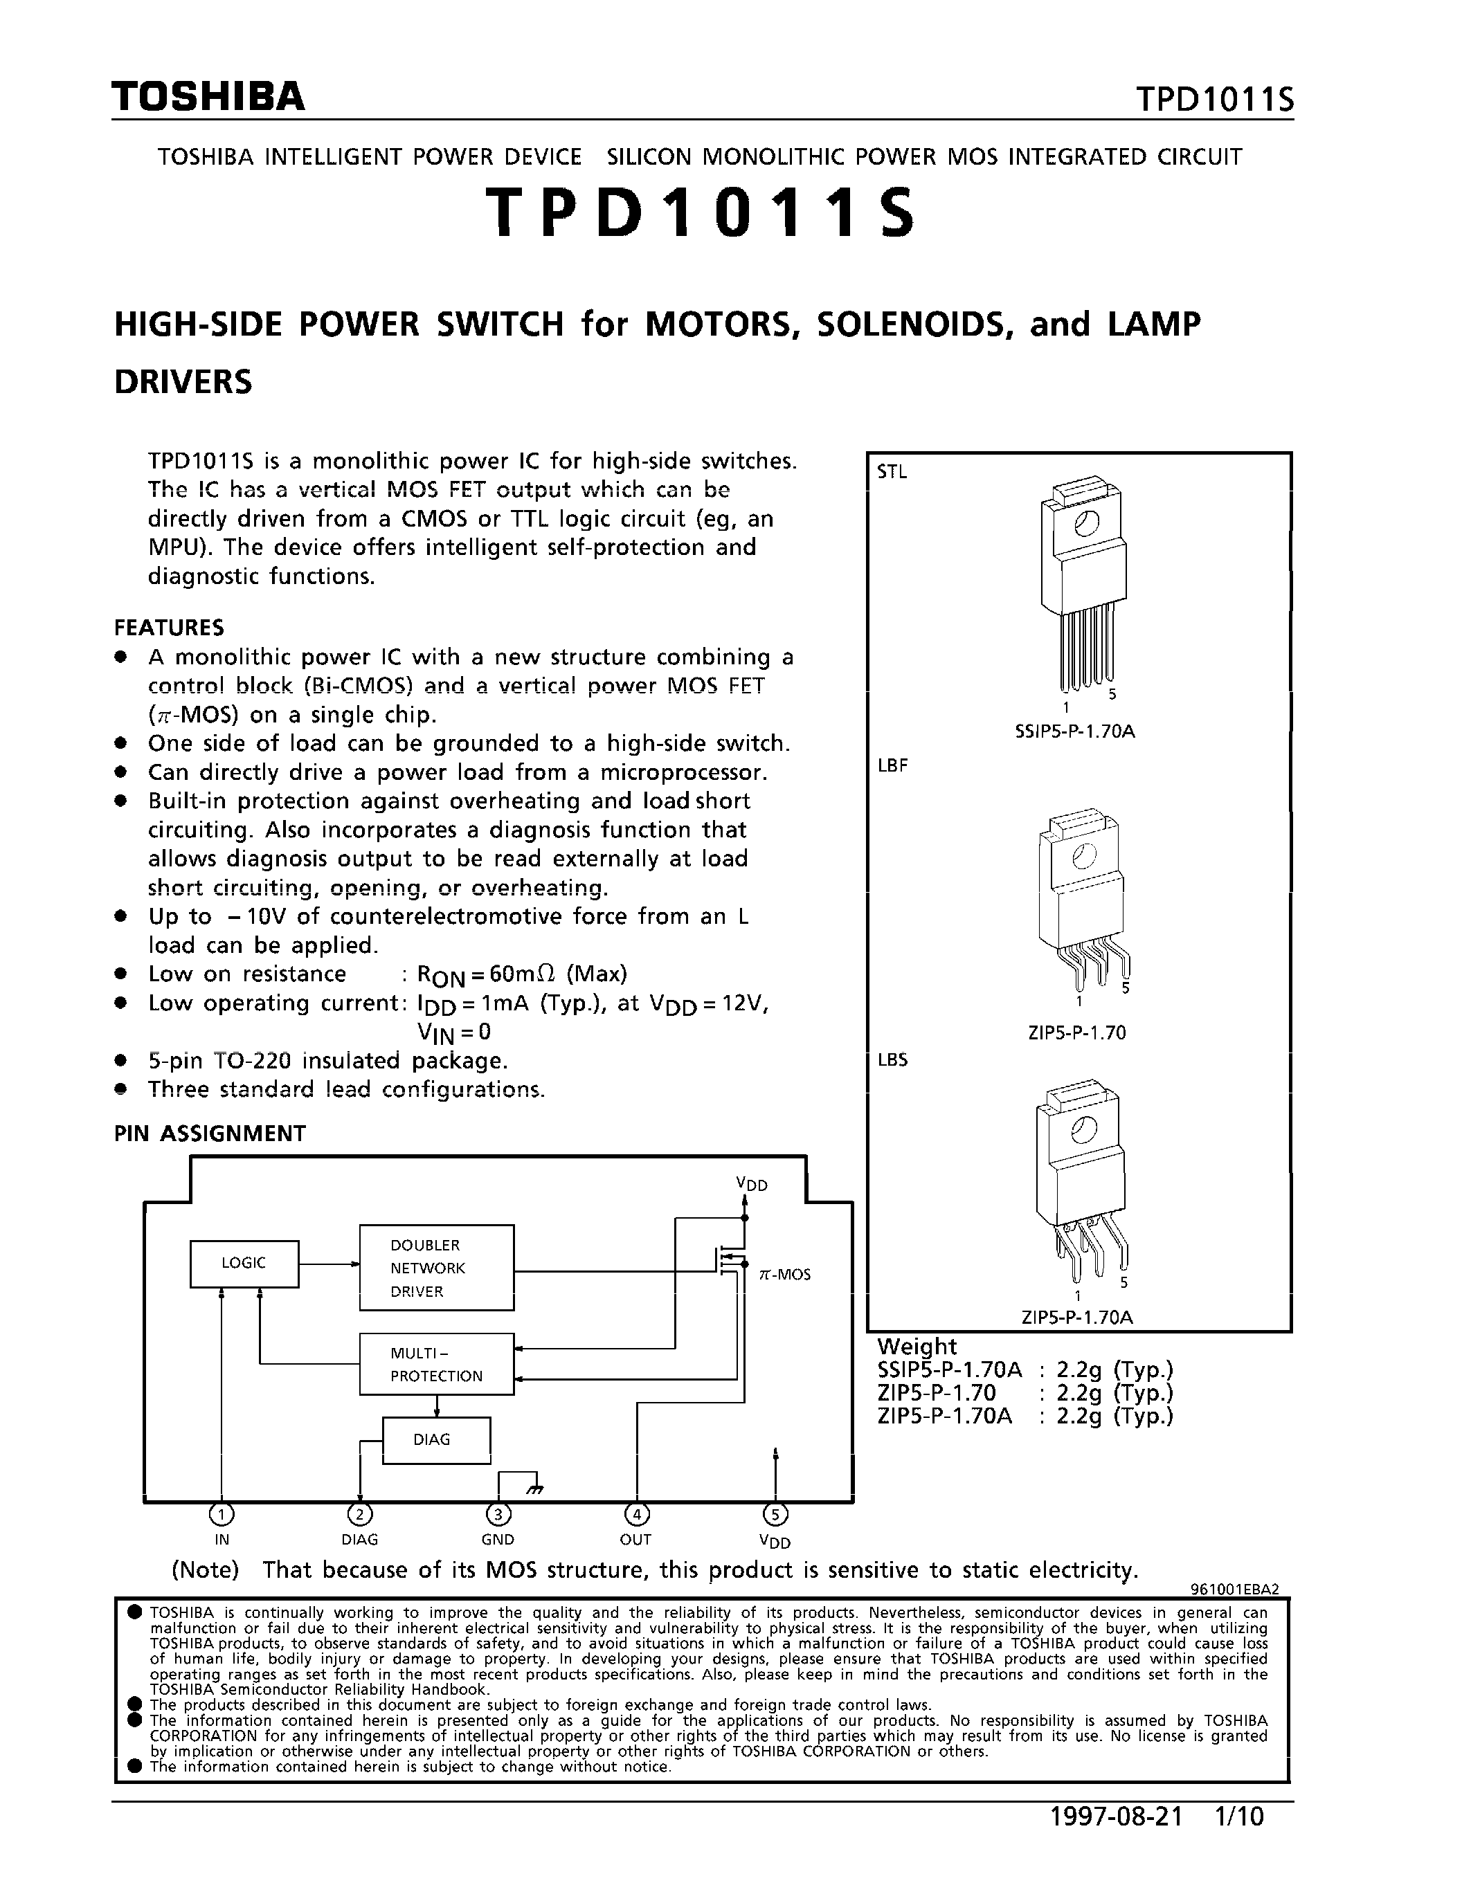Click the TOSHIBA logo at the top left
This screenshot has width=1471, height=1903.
point(208,97)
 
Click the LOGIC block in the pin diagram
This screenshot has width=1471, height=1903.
point(244,1263)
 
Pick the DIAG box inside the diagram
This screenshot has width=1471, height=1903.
point(435,1439)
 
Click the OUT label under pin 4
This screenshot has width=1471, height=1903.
point(636,1540)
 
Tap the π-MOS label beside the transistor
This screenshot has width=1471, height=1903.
point(784,1274)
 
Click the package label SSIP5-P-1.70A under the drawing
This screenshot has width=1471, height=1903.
point(1074,732)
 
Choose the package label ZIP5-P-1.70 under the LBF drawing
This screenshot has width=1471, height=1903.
point(1077,1032)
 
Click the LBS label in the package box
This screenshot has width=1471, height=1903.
point(892,1059)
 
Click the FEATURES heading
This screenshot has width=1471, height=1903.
point(169,628)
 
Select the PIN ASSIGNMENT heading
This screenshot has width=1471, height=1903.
point(210,1133)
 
